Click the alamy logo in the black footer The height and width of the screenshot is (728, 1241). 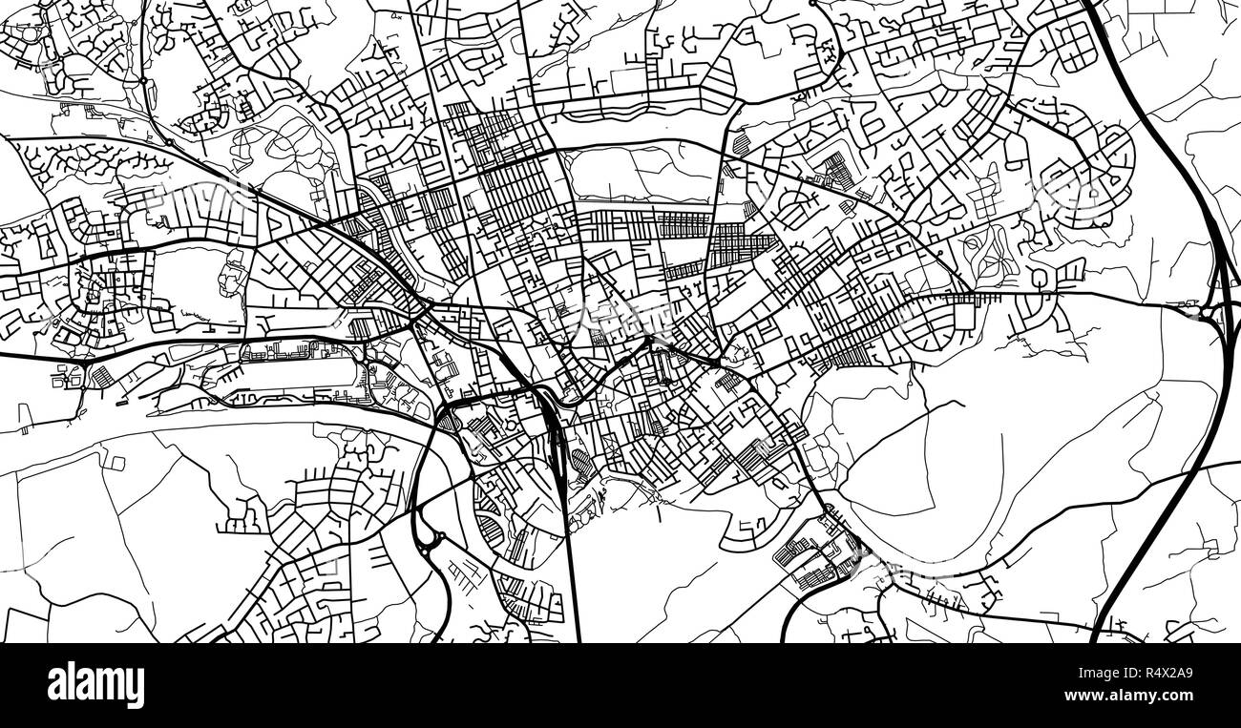[x=95, y=685]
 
